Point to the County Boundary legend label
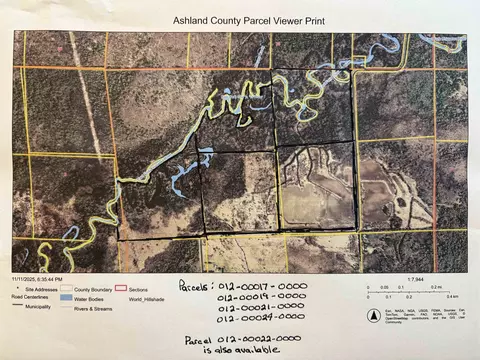point(96,287)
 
